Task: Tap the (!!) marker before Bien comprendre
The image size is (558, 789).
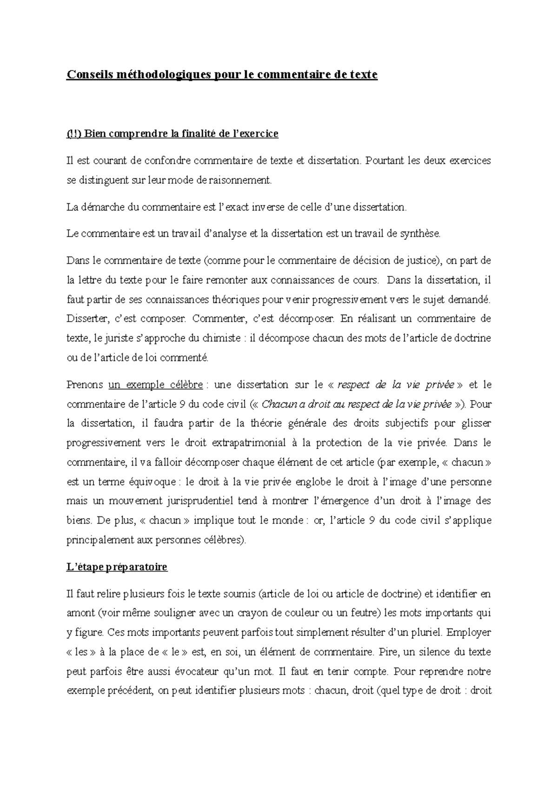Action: tap(73, 134)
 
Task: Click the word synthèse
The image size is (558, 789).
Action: tap(419, 234)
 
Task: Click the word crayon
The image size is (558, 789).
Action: tap(251, 613)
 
